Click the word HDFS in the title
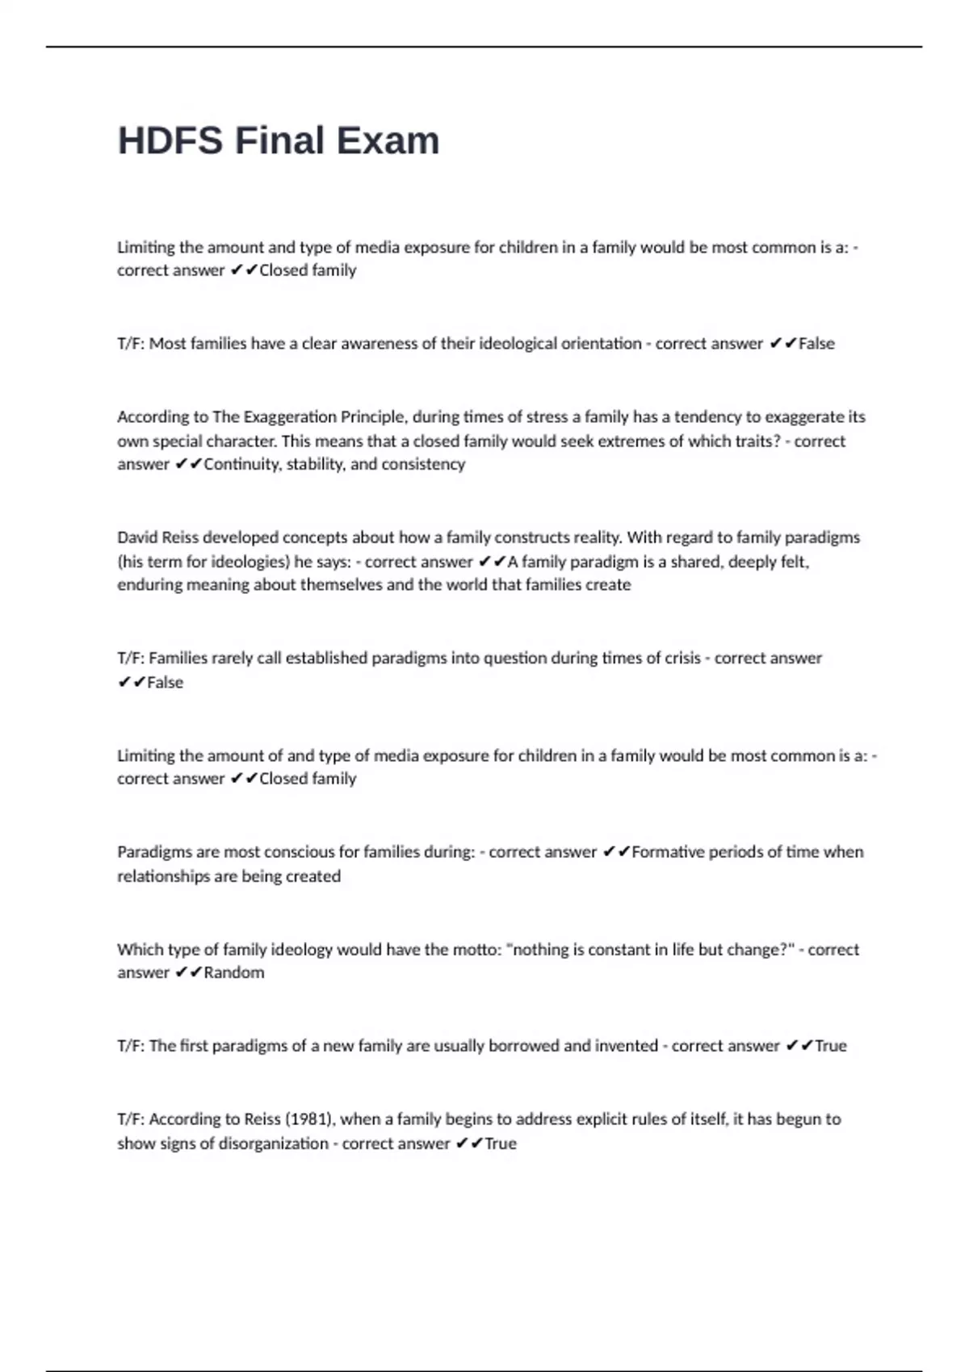coord(170,140)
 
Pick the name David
coord(137,538)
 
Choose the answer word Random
coord(233,973)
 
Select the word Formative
coord(668,852)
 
